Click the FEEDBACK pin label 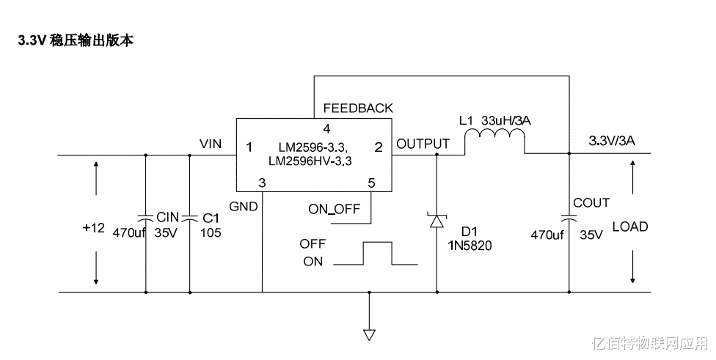(358, 108)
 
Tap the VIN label (211, 144)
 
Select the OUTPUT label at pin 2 (423, 144)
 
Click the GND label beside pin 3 (244, 207)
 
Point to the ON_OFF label (335, 209)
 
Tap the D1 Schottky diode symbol (437, 221)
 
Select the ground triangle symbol (369, 335)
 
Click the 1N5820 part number (470, 246)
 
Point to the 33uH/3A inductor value (506, 120)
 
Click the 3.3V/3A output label (612, 141)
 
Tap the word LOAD (630, 227)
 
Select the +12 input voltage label (94, 228)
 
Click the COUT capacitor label (591, 203)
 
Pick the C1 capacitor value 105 (211, 233)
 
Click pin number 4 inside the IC (326, 128)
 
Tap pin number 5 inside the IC (371, 183)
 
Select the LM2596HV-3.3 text (310, 161)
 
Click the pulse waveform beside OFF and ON (376, 254)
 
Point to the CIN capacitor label (167, 217)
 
